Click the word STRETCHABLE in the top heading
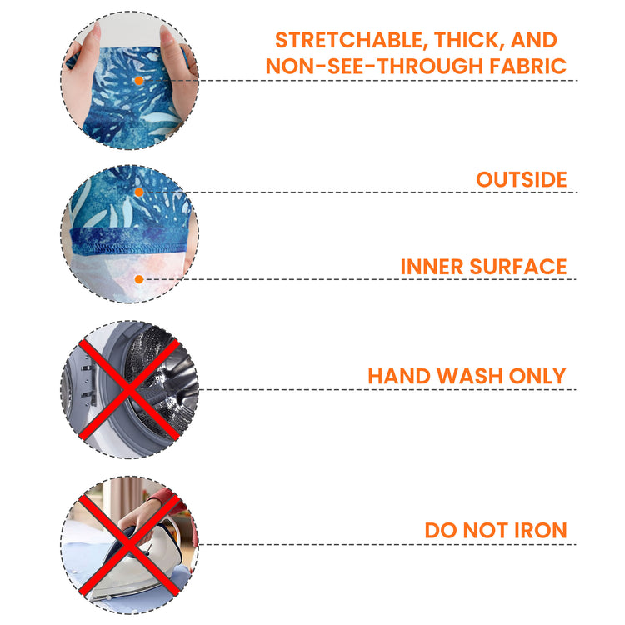[x=349, y=41]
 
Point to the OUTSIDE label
[x=522, y=179]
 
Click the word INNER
[x=432, y=267]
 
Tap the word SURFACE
[x=518, y=267]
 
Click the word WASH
[x=469, y=376]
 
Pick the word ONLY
[x=537, y=376]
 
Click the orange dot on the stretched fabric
[x=138, y=81]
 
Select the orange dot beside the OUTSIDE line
[x=138, y=192]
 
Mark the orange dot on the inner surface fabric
[x=138, y=279]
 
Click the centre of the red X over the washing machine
[x=129, y=390]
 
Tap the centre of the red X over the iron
[x=129, y=545]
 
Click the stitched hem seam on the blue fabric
[x=129, y=249]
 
